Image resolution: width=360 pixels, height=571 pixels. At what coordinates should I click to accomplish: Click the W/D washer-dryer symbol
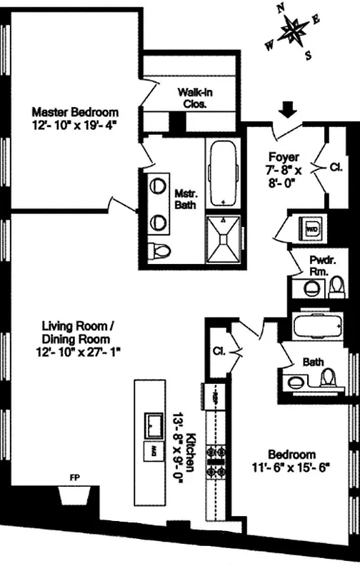pyautogui.click(x=312, y=229)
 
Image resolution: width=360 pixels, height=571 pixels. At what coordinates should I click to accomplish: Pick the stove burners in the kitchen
pyautogui.click(x=214, y=462)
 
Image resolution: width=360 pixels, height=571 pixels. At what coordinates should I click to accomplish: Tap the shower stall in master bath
pyautogui.click(x=225, y=236)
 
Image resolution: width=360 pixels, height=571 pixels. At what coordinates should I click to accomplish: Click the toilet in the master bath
pyautogui.click(x=161, y=251)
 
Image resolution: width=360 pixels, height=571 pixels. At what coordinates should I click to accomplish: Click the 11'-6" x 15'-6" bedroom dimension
pyautogui.click(x=291, y=467)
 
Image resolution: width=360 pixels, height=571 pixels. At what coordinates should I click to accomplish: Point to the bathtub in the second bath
pyautogui.click(x=318, y=328)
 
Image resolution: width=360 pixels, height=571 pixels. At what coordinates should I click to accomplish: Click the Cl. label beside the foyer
pyautogui.click(x=336, y=168)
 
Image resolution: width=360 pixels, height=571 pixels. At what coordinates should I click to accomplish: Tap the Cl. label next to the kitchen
pyautogui.click(x=219, y=351)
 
